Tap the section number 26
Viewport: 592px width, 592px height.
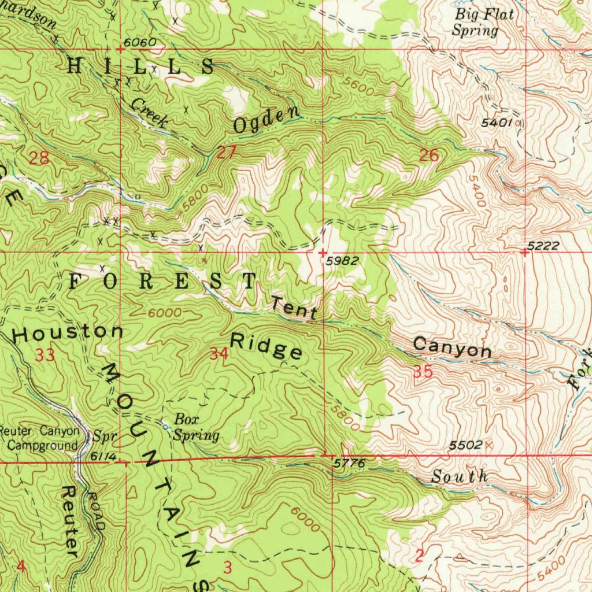[429, 155]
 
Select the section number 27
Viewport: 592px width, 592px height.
[226, 153]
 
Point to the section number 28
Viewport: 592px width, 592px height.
[39, 158]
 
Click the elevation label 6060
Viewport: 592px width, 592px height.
[139, 43]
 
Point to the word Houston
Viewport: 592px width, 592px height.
[68, 333]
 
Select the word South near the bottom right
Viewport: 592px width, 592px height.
[460, 478]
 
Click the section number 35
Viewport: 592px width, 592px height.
[423, 373]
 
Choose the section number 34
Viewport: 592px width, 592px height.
[219, 354]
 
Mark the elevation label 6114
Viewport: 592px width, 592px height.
[103, 457]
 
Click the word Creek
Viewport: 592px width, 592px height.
[149, 112]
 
